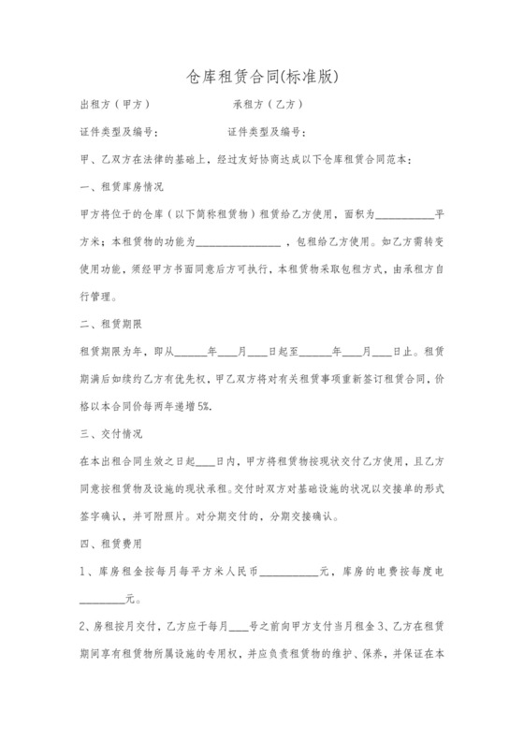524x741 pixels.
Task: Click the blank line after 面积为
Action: [404, 213]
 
